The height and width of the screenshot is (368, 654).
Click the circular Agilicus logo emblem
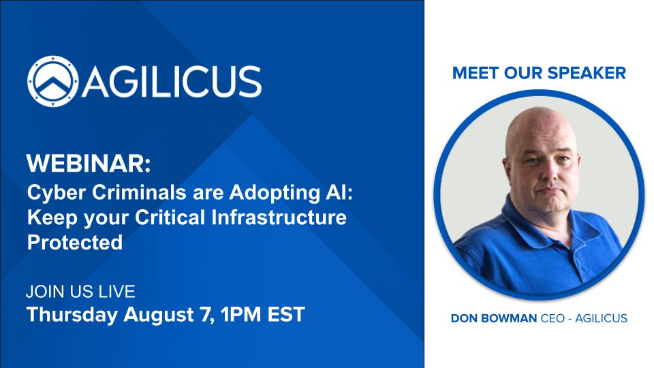[52, 81]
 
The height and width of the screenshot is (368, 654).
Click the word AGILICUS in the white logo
[172, 82]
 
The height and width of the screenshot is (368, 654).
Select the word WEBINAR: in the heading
[89, 163]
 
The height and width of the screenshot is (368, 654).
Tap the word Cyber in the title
[57, 193]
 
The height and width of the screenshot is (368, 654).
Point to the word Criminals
[139, 192]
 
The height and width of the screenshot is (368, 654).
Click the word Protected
[75, 243]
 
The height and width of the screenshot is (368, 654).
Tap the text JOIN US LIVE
[80, 292]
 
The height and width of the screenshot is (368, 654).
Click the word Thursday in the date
[72, 315]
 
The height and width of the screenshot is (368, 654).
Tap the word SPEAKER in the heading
[587, 73]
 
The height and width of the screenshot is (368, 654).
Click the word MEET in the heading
[476, 73]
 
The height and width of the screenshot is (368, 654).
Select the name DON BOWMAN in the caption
[494, 318]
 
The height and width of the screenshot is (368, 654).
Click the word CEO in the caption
[552, 318]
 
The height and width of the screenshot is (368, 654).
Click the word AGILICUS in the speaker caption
[601, 318]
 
